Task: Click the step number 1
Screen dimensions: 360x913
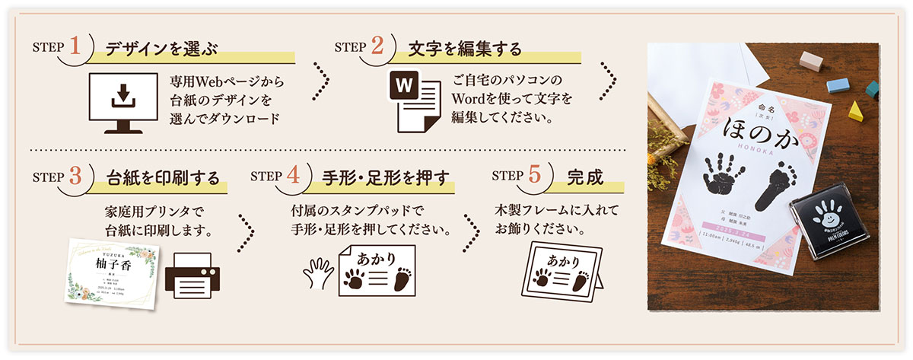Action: click(x=77, y=46)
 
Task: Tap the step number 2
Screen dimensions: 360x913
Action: click(x=378, y=46)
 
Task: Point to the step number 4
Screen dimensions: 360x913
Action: click(x=294, y=176)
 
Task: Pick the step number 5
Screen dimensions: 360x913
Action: click(x=536, y=176)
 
